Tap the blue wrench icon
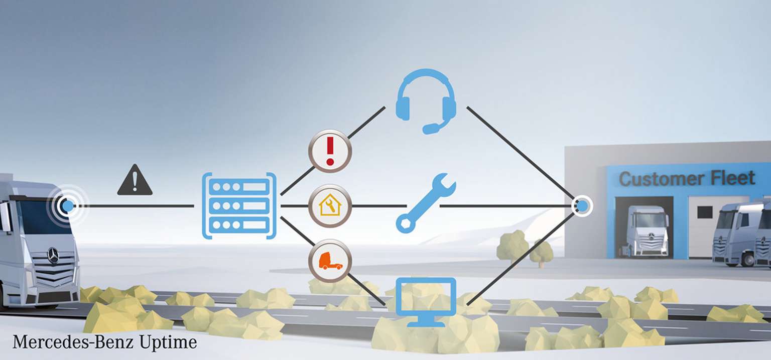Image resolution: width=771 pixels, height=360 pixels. coord(426,203)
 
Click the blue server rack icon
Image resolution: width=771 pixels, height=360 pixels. coord(239,206)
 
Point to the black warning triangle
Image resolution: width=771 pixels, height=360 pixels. coord(135,181)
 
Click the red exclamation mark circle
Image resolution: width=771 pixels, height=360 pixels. coord(330,151)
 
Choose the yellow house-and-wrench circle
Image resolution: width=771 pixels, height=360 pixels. coord(330,206)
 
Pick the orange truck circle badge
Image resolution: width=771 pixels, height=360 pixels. coord(330,261)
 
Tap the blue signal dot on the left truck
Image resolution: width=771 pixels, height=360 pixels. coord(68,206)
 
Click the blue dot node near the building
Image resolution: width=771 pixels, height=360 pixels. coord(582,206)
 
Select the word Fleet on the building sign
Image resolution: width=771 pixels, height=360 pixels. coord(733,178)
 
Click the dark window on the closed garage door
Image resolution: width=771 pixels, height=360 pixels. coord(705,212)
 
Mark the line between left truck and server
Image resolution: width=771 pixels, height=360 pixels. coord(134,206)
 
